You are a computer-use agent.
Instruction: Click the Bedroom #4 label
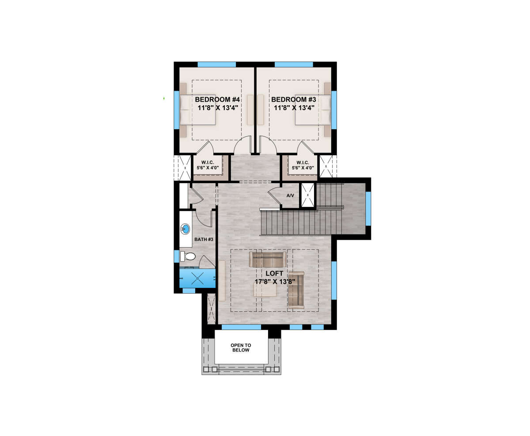click(x=217, y=99)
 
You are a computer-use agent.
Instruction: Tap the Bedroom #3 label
click(x=294, y=99)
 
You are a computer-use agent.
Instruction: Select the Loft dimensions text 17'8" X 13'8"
click(x=275, y=282)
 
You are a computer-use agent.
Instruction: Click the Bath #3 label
click(x=204, y=239)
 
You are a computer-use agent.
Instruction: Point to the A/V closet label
click(x=290, y=195)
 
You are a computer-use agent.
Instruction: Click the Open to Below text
click(x=241, y=348)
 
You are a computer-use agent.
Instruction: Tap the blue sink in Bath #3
click(x=185, y=229)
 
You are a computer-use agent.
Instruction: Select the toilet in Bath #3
click(x=188, y=256)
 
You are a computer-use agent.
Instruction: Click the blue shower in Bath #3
click(x=197, y=278)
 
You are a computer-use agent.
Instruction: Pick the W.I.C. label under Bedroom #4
click(x=208, y=163)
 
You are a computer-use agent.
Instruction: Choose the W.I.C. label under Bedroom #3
click(x=303, y=163)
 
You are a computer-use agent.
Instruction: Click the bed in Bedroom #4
click(x=198, y=110)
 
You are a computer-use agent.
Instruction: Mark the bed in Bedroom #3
click(x=313, y=110)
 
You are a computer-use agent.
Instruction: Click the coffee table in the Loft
click(x=265, y=290)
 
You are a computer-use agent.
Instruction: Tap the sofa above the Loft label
click(x=267, y=260)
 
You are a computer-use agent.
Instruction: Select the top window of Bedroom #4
click(x=216, y=65)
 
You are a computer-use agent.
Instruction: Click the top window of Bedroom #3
click(x=294, y=65)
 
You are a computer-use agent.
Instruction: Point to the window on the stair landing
click(x=368, y=209)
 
